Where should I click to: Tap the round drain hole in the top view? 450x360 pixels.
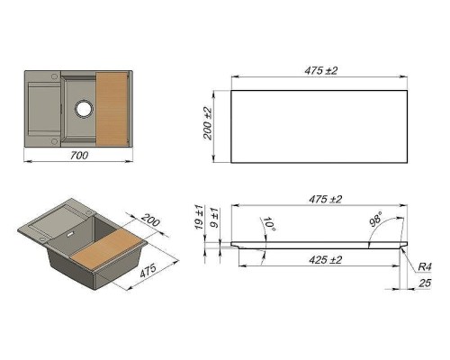click(84, 108)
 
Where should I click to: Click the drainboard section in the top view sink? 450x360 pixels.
click(41, 110)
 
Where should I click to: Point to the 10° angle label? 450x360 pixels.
click(267, 223)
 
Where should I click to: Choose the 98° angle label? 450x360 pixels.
click(374, 219)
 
